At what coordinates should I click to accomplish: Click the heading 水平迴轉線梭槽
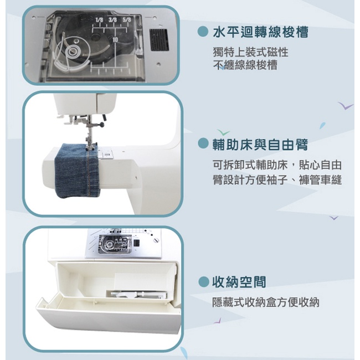coord(260,32)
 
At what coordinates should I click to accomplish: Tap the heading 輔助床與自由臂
coord(260,145)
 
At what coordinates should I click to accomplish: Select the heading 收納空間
coord(239,282)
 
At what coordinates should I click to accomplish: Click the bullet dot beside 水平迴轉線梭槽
coord(203,32)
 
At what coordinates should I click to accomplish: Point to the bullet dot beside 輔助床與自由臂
coord(203,143)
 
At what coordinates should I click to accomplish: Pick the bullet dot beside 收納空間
coord(203,281)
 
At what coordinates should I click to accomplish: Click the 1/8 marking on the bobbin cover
coord(99,20)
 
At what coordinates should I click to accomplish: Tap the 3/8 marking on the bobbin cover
coord(112,20)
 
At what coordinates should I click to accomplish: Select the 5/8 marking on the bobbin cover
coord(126,20)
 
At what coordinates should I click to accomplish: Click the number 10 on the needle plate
coord(115,40)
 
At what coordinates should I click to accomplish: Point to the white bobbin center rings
coord(73,52)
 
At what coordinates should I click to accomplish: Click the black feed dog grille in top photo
coord(159,40)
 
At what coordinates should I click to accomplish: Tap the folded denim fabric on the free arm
coord(77,171)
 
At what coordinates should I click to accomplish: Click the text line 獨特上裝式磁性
coord(250,52)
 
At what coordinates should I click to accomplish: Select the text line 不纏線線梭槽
coord(245,65)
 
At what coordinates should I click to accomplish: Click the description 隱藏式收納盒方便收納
coord(266,302)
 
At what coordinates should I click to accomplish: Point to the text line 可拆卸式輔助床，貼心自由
coord(277,165)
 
